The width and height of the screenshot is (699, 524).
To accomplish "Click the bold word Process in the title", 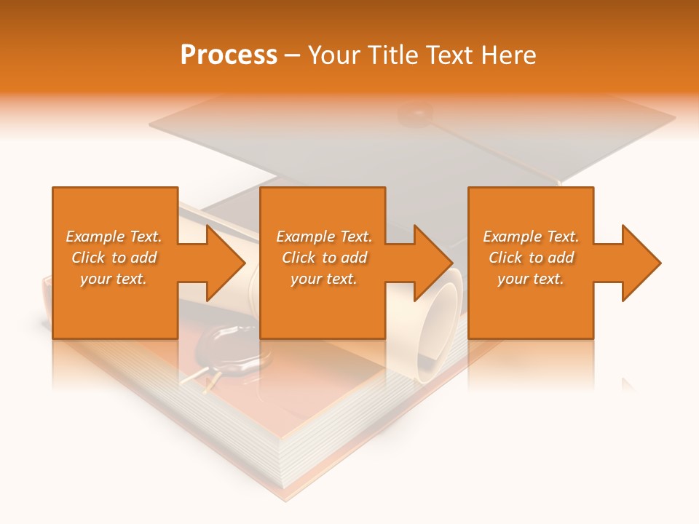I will [229, 55].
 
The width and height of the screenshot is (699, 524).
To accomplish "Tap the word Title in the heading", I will [393, 55].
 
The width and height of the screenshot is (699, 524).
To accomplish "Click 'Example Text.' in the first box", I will [114, 237].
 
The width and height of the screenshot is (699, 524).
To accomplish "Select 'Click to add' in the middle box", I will [324, 258].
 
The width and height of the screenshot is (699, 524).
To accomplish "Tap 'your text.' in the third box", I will [530, 279].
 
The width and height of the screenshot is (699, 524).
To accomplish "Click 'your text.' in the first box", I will [114, 279].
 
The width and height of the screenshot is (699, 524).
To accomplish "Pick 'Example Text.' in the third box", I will [530, 237].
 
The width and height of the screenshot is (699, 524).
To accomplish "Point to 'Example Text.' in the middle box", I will [324, 237].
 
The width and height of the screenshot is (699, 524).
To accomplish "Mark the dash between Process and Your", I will [293, 55].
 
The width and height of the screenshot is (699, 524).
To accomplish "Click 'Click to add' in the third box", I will [530, 258].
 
